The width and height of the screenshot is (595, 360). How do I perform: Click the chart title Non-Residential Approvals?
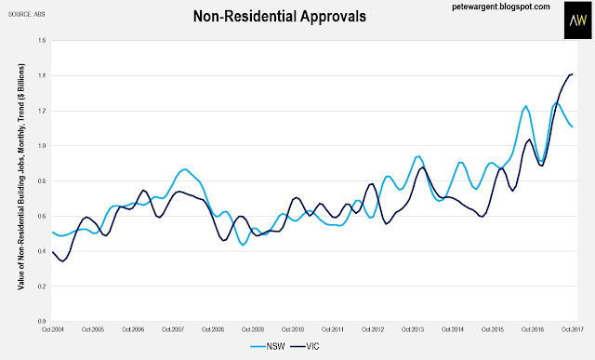coord(280,17)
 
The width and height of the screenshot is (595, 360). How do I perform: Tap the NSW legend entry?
coord(268,346)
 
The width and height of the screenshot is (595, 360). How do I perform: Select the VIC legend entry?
coord(305,346)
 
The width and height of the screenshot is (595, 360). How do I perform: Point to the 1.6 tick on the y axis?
coord(42,40)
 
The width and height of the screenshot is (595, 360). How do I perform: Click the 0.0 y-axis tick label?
coord(42,321)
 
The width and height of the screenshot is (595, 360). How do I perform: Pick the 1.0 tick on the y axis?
coord(42,146)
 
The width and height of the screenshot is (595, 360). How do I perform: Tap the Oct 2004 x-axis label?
coord(53,329)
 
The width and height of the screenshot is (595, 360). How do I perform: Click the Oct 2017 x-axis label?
coord(573,329)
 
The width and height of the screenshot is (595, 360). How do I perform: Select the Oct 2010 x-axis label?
coord(293,329)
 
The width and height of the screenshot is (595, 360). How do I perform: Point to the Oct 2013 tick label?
coord(413,329)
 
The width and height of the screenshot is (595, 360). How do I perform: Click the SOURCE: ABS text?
coord(27,14)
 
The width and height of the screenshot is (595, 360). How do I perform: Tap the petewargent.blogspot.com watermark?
coord(501,7)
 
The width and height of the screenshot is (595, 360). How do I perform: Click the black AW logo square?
coord(577,20)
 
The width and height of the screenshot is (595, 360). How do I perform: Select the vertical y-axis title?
coord(20,177)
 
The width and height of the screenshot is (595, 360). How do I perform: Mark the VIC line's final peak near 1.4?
coord(572,74)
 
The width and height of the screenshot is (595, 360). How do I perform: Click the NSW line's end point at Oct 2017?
coord(573,127)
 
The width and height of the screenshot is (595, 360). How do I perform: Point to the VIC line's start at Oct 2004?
coord(52,252)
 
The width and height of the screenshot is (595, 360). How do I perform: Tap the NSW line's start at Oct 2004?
coord(52,232)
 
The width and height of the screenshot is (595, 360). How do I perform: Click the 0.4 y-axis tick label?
coord(42,251)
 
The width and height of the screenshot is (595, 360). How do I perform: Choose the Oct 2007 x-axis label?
coord(173,329)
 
